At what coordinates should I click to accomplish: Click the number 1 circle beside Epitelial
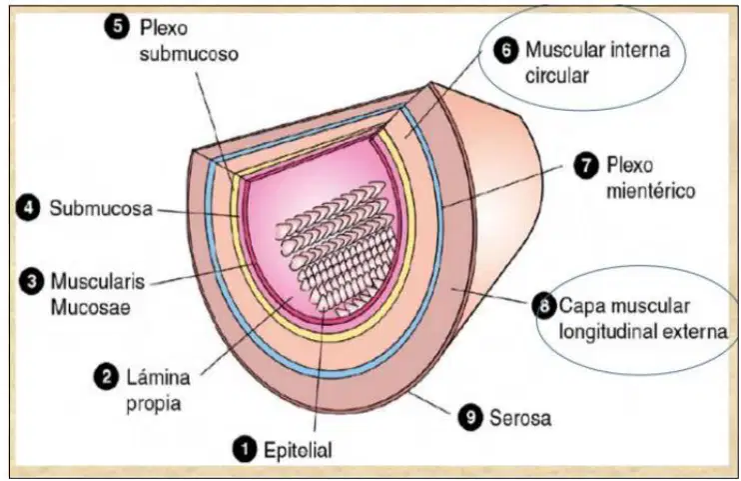[245, 448]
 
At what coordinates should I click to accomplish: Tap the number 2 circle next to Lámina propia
[106, 377]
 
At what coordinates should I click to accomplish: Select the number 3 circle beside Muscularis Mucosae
[31, 282]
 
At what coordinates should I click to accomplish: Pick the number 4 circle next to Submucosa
[28, 208]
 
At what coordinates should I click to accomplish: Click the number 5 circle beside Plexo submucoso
[117, 27]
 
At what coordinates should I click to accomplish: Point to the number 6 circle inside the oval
[506, 50]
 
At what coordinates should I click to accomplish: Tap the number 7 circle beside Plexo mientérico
[586, 166]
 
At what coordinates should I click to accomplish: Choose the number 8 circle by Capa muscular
[544, 305]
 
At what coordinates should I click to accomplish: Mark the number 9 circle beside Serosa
[470, 417]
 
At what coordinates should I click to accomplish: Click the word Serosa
[520, 418]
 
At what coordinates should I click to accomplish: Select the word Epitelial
[298, 450]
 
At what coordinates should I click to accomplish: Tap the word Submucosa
[101, 209]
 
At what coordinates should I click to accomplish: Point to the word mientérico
[651, 191]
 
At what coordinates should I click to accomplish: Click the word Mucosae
[90, 308]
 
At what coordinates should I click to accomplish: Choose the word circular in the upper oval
[557, 76]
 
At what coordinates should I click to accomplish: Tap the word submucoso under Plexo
[189, 53]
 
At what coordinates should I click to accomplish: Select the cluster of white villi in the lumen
[337, 246]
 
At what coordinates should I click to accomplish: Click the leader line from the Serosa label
[429, 402]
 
